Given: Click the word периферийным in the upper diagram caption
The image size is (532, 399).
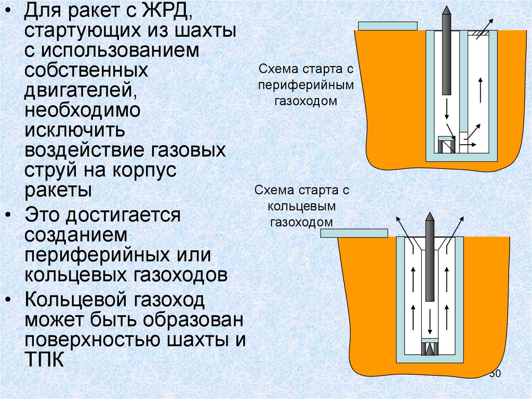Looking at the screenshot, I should tap(306, 84).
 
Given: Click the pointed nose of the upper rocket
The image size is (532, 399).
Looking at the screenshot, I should tap(445, 11).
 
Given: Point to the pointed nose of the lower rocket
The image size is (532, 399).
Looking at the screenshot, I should tap(430, 217).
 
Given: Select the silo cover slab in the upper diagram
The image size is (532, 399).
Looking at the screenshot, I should tap(388, 25).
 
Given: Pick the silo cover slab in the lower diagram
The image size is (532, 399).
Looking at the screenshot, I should tap(353, 233).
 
